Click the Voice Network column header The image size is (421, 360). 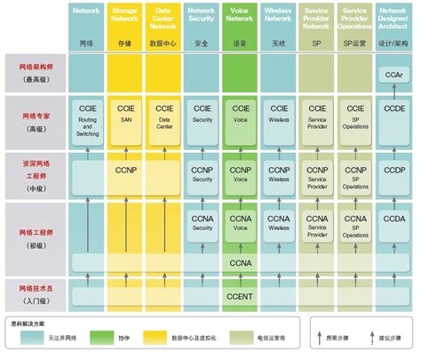241,17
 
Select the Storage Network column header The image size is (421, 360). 126,17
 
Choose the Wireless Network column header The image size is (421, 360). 279,17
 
